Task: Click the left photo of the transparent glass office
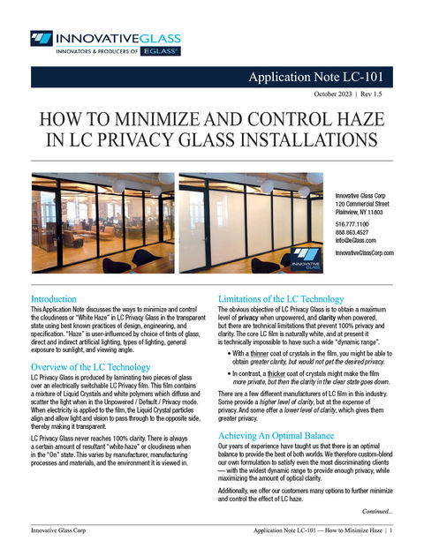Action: pos(101,224)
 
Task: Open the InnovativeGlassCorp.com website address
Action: pos(364,253)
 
